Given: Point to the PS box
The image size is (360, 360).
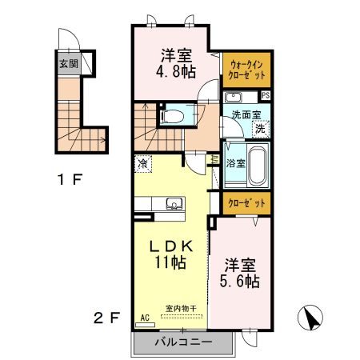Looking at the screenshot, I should click(265, 95).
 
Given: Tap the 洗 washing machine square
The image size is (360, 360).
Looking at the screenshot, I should click(259, 128).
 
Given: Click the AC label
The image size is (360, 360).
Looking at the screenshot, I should click(145, 317).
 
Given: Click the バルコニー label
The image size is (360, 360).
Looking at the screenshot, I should click(183, 342).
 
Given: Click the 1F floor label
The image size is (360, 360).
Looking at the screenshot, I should click(72, 179).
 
